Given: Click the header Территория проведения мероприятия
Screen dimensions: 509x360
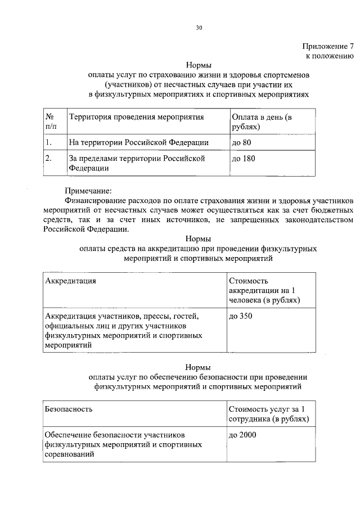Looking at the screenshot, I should pos(136,117).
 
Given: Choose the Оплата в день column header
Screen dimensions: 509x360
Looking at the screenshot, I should pos(262,122).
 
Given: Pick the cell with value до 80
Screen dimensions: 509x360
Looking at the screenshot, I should pos(241,142).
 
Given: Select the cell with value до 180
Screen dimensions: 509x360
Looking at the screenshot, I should pos(243,159).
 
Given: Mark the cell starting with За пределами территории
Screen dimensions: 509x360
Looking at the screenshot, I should pos(135,163).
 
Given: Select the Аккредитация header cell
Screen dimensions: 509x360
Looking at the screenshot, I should pos(70,281).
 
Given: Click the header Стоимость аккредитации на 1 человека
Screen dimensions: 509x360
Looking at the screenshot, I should pos(264,290).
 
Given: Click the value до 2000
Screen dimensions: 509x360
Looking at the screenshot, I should pos(243,435).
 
